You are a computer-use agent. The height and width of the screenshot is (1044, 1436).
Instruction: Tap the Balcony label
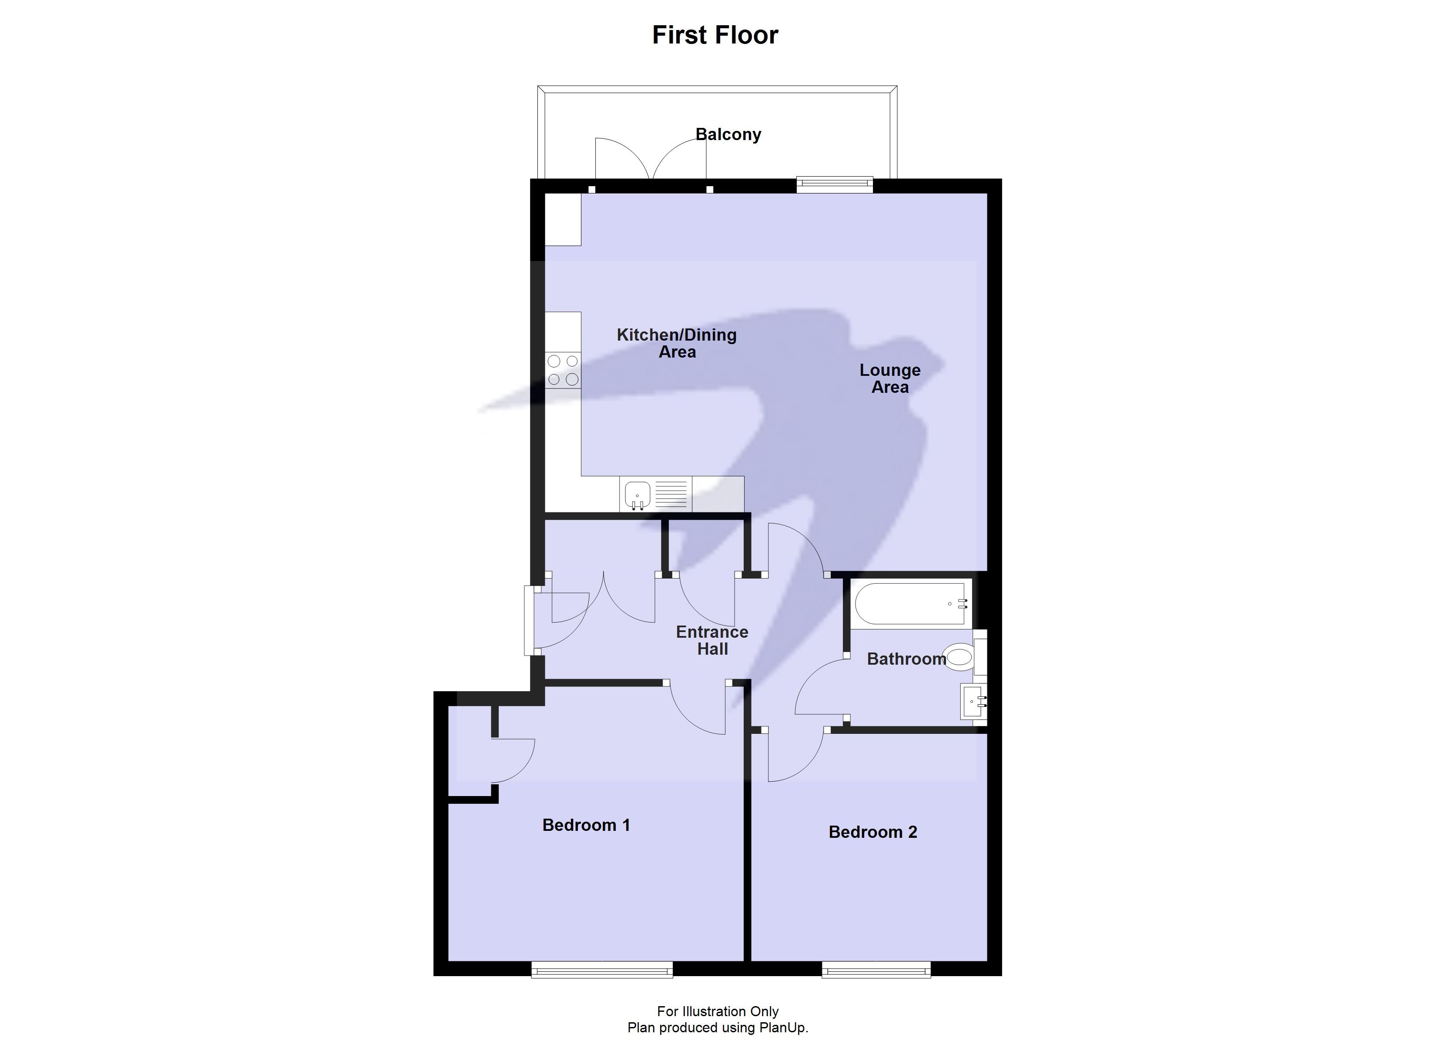tap(728, 134)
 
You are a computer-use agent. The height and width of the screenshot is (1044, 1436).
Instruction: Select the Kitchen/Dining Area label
tap(677, 343)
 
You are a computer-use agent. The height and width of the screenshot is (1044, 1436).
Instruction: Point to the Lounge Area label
tap(889, 378)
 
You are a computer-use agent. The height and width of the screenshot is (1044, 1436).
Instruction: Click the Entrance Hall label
tap(712, 640)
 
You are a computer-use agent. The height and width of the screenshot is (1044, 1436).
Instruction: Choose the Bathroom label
tap(906, 659)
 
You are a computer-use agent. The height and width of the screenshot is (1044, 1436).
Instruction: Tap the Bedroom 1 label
tap(586, 825)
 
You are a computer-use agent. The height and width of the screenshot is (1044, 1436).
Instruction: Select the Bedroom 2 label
tap(872, 832)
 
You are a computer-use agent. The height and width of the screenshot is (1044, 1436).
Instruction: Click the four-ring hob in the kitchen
tap(563, 370)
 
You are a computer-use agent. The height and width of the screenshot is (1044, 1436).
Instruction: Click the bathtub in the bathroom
tap(910, 604)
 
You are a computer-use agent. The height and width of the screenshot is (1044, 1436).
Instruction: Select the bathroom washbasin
tap(973, 702)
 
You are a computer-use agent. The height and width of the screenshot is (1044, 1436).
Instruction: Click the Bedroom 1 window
tap(601, 969)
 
